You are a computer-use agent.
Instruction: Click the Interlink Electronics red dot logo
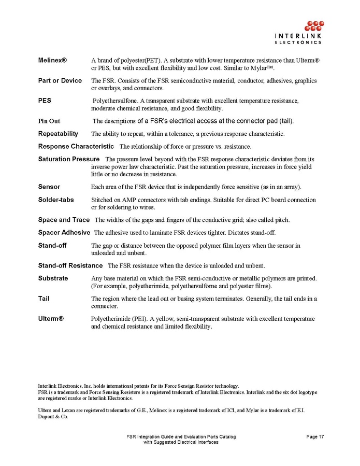(x=312, y=26)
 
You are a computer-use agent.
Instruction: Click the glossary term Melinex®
(x=52, y=61)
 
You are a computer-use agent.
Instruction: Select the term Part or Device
(x=60, y=80)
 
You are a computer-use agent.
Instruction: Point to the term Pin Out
(x=49, y=121)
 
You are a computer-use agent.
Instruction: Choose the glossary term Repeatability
(x=58, y=134)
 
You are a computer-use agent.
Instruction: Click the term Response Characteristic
(x=76, y=146)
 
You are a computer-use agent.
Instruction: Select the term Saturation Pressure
(x=68, y=159)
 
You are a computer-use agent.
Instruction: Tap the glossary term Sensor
(x=49, y=187)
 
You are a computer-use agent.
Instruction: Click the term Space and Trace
(x=64, y=220)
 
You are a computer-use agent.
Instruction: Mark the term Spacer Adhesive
(x=64, y=232)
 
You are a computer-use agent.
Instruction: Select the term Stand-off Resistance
(x=70, y=265)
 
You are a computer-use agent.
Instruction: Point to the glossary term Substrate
(x=53, y=278)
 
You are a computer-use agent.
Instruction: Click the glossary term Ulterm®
(x=51, y=318)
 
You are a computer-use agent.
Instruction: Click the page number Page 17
(x=315, y=437)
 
